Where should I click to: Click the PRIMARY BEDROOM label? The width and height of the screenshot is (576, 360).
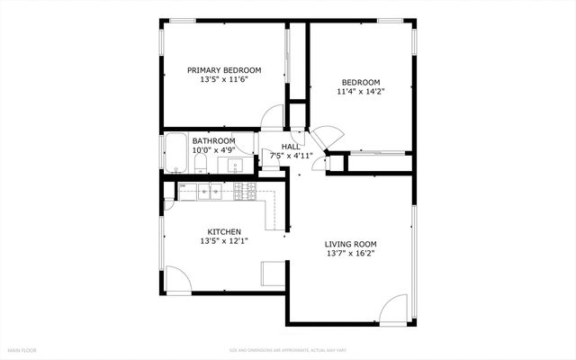pyautogui.click(x=224, y=70)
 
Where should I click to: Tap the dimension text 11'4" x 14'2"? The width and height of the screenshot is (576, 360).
pyautogui.click(x=359, y=91)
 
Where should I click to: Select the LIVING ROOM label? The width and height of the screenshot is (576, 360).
pyautogui.click(x=350, y=244)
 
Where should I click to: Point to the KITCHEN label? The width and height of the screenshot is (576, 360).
pyautogui.click(x=224, y=231)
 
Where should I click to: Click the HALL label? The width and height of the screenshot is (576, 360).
pyautogui.click(x=291, y=147)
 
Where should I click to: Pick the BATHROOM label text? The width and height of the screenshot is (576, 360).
pyautogui.click(x=213, y=141)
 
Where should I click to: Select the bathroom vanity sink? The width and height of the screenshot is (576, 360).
pyautogui.click(x=235, y=166)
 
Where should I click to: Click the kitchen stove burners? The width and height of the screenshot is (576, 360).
pyautogui.click(x=245, y=191)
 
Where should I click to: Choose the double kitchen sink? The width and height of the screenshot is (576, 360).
pyautogui.click(x=211, y=191)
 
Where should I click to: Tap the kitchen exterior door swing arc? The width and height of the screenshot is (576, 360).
pyautogui.click(x=176, y=279)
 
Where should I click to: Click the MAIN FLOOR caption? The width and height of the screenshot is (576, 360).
pyautogui.click(x=22, y=349)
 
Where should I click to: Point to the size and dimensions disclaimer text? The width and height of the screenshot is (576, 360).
pyautogui.click(x=287, y=349)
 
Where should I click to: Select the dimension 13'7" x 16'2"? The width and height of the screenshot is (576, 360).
pyautogui.click(x=350, y=254)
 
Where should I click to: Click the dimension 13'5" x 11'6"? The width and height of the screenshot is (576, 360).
pyautogui.click(x=224, y=80)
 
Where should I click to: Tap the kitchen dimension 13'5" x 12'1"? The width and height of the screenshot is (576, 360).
pyautogui.click(x=224, y=241)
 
